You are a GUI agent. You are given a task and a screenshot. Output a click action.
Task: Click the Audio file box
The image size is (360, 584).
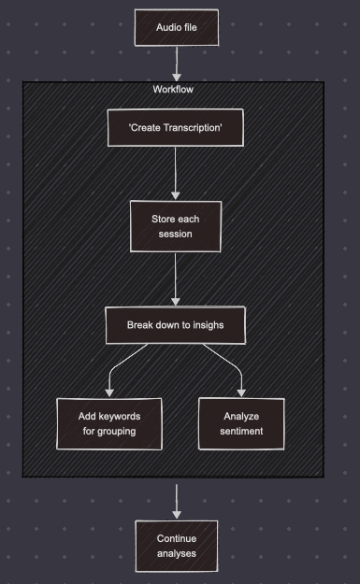point(176,28)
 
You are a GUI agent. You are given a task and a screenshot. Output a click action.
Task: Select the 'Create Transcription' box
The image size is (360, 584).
point(176,129)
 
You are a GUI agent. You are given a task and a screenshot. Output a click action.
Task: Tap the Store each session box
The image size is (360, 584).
point(176,227)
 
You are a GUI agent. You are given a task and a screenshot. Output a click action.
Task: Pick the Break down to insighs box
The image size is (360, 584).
point(176,325)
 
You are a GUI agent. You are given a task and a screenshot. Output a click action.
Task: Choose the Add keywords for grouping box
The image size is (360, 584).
point(108,423)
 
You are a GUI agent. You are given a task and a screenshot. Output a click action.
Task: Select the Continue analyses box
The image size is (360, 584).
point(176,546)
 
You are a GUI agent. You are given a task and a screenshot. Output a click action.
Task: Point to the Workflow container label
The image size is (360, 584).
point(174,89)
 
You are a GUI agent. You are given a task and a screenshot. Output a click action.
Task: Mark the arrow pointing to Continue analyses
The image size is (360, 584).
point(176,501)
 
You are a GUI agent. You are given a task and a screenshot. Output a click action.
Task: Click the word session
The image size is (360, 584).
point(176,235)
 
